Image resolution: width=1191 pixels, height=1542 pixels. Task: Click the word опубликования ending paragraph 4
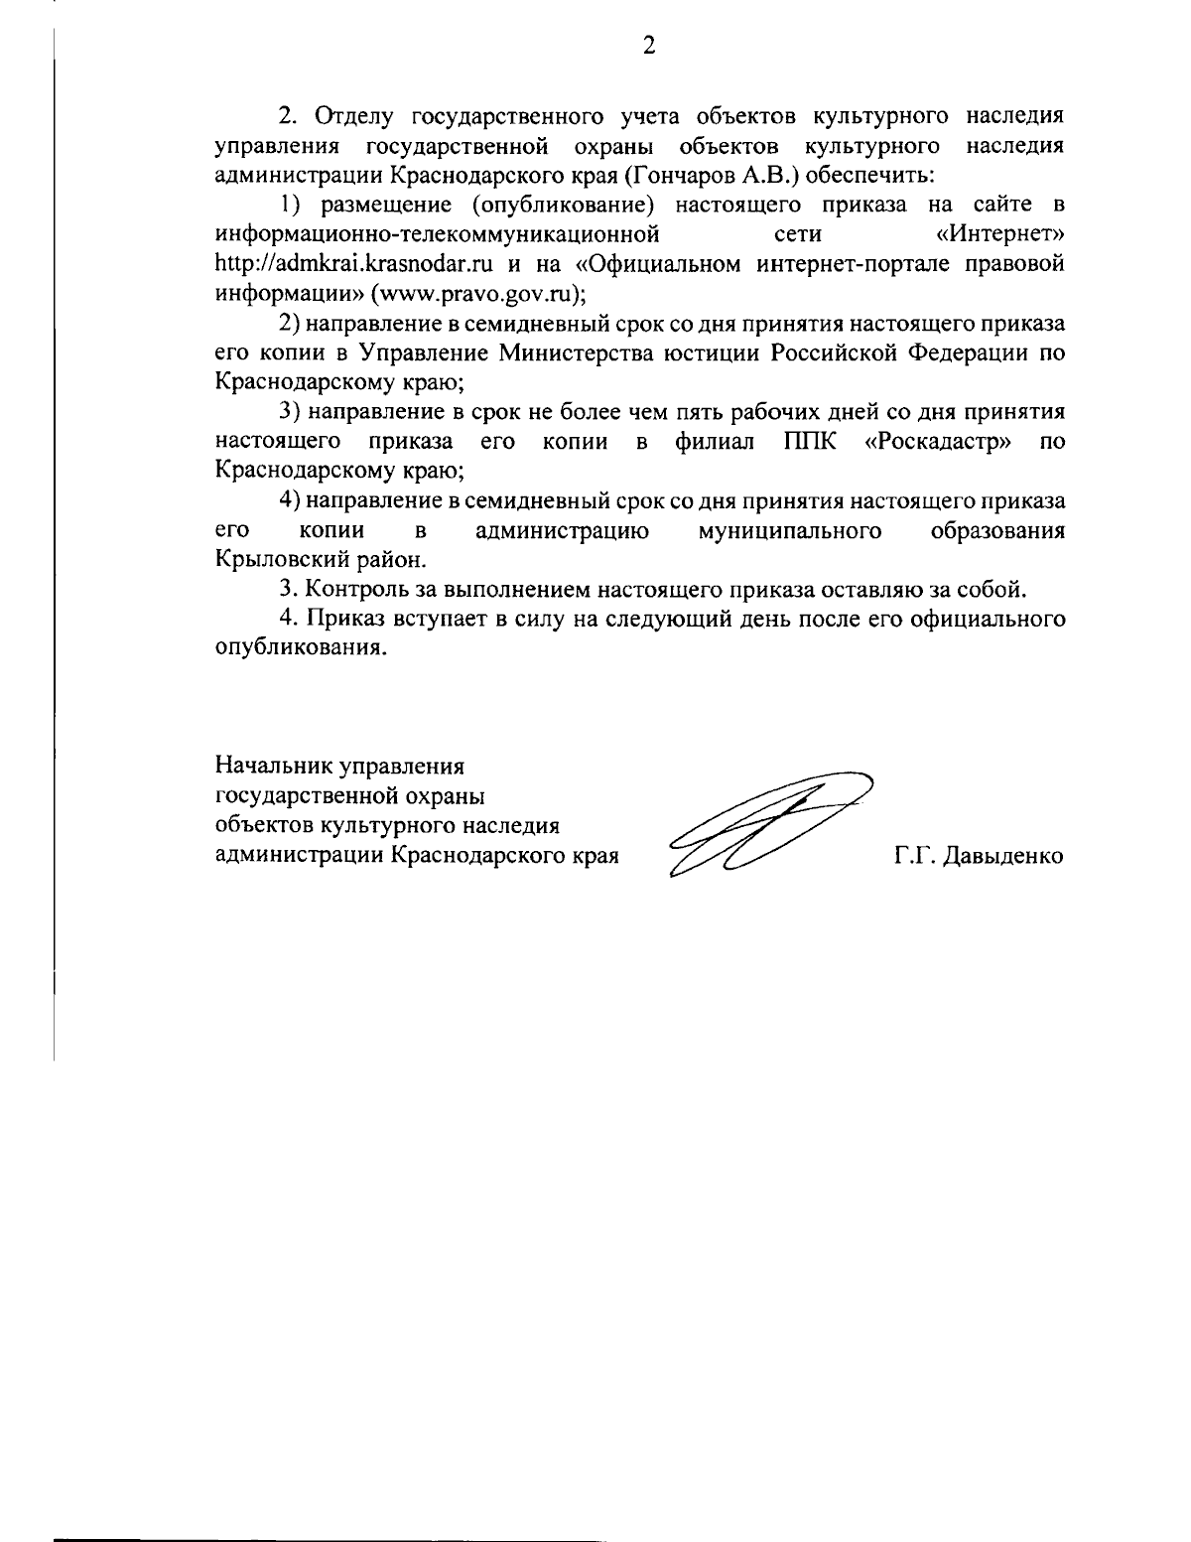(x=297, y=648)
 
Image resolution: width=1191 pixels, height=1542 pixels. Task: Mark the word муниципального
(x=791, y=530)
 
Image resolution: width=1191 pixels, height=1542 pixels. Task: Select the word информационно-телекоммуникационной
(x=438, y=235)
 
